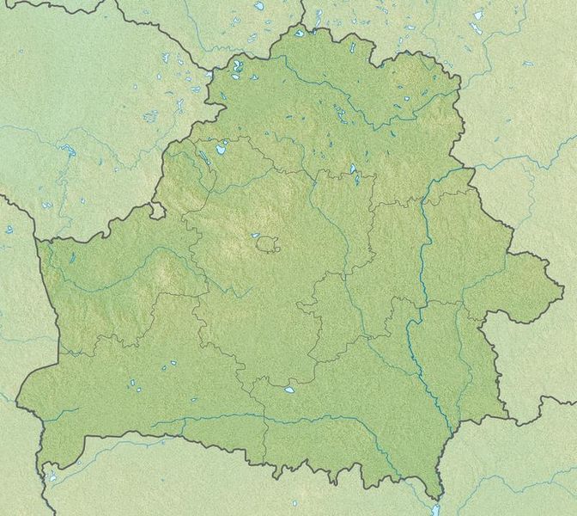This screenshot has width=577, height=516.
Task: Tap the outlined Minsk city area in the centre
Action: [x=268, y=245]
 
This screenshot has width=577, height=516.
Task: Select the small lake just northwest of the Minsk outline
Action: [x=255, y=235]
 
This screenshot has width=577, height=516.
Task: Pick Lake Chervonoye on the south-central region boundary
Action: [x=290, y=389]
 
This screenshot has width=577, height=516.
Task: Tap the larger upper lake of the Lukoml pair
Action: [x=354, y=169]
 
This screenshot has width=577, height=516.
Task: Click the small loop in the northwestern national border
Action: [x=156, y=209]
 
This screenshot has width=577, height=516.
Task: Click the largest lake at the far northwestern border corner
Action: [x=236, y=65]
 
